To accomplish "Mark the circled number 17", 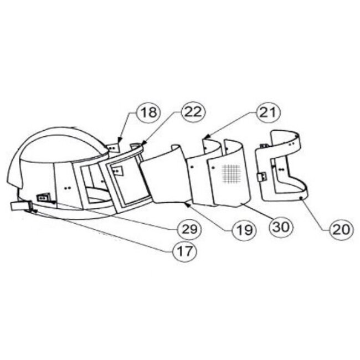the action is (187, 250).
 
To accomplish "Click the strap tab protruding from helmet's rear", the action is (21, 206).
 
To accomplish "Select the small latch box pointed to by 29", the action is (43, 197).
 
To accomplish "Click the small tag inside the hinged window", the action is (117, 171).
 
